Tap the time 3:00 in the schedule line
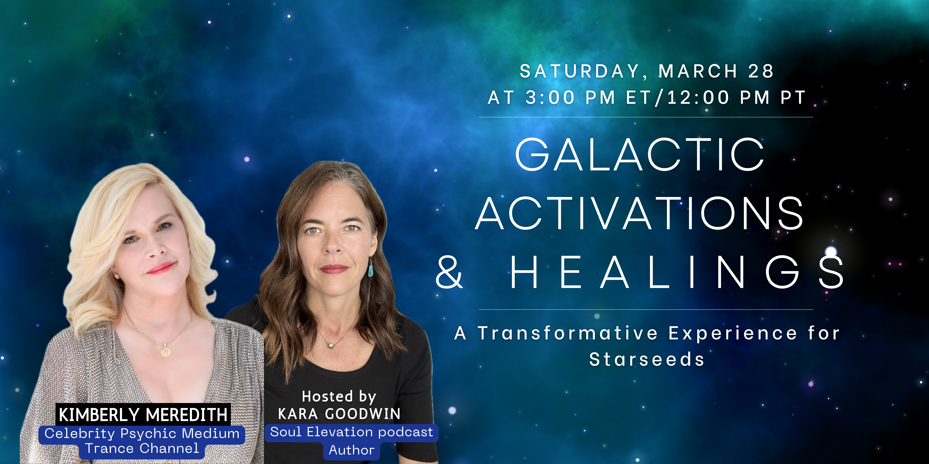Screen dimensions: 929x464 point(550,97)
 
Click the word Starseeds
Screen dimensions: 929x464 point(647,359)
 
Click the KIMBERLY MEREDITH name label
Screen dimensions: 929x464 point(143,415)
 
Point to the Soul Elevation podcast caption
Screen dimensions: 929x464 point(352,432)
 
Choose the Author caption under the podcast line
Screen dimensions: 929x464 point(352,450)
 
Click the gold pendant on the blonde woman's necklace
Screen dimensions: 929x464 point(165,350)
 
